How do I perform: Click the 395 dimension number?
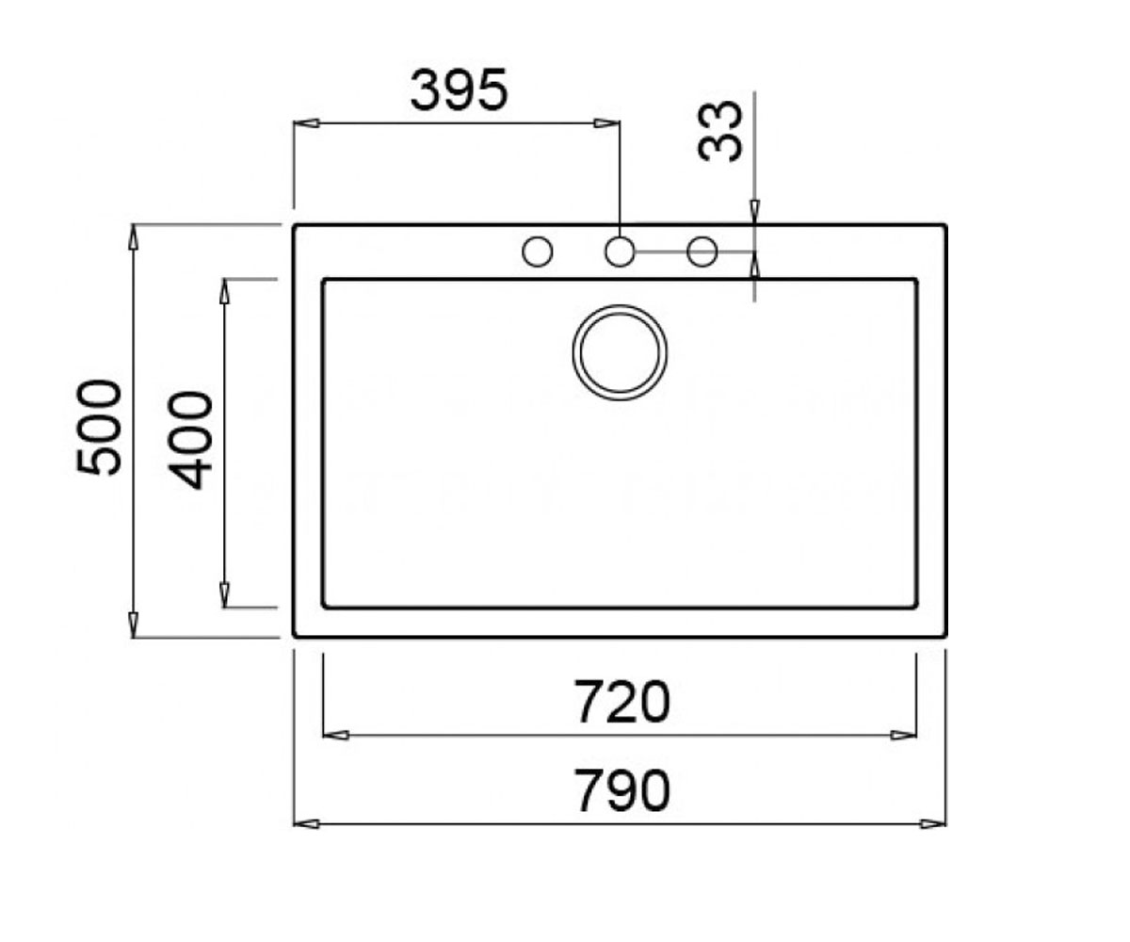[x=459, y=89]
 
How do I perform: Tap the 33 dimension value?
[x=720, y=132]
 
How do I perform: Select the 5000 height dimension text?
[x=100, y=429]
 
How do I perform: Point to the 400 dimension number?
[x=191, y=440]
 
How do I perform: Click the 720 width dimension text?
[x=622, y=702]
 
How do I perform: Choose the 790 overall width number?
[x=622, y=791]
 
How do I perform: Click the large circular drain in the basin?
[x=620, y=353]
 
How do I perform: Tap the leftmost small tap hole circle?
[x=538, y=252]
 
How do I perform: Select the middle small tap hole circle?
[x=620, y=252]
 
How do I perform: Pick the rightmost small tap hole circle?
[x=702, y=252]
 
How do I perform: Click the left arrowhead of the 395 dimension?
[x=306, y=123]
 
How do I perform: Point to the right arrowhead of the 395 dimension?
[x=606, y=123]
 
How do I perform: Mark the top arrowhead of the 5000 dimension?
[x=133, y=237]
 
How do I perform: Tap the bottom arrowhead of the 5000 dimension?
[x=133, y=625]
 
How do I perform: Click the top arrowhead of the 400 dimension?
[x=224, y=291]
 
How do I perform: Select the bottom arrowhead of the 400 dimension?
[x=224, y=595]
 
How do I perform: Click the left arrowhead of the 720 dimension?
[x=335, y=735]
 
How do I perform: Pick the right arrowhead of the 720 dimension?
[x=903, y=735]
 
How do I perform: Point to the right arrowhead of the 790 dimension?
[x=933, y=824]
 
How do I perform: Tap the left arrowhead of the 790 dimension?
[x=306, y=824]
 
